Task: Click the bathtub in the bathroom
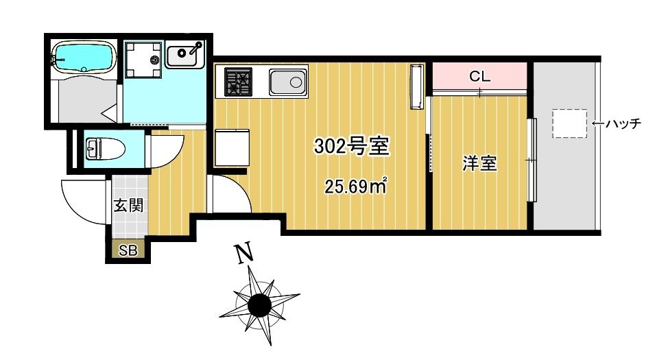84,58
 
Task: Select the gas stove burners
238,82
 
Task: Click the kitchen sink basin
287,82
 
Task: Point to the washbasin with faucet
185,54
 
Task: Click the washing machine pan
143,59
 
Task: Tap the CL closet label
479,76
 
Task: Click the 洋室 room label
479,164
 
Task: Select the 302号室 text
351,146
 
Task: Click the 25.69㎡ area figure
356,186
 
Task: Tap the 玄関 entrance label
128,206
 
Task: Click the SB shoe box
128,250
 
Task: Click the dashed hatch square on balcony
570,123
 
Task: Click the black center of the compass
259,305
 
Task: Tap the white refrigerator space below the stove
232,147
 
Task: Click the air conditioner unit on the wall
417,86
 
